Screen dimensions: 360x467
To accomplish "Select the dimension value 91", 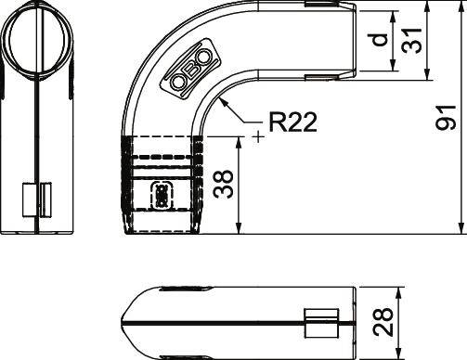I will (x=447, y=119).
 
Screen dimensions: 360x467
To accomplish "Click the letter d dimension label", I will (x=377, y=43).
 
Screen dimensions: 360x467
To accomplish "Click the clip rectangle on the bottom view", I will (x=319, y=322).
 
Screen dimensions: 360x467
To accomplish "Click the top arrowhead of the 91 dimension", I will (x=461, y=8).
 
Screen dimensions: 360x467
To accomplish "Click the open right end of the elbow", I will (x=357, y=41).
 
